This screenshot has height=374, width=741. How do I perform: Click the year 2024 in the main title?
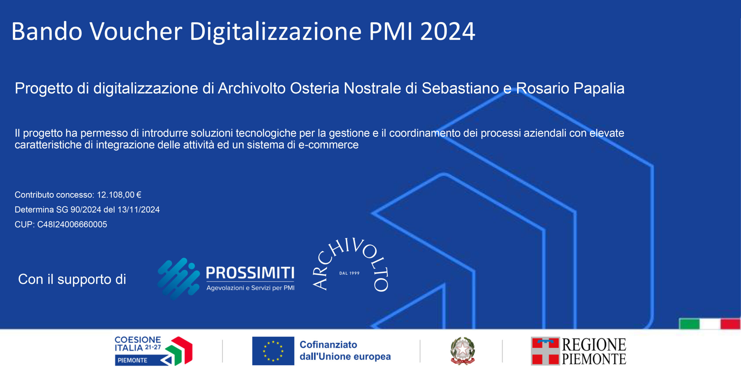click(x=447, y=31)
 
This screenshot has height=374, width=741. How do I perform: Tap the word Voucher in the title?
click(x=136, y=31)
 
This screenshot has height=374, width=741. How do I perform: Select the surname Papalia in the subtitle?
click(x=599, y=89)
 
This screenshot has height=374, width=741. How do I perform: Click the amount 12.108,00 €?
click(x=119, y=195)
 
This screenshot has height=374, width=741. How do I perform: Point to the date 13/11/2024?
click(x=139, y=209)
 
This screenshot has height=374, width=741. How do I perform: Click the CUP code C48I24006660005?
click(x=72, y=224)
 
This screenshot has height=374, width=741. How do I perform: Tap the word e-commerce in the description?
click(x=328, y=145)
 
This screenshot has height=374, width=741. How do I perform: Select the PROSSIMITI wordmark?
click(x=250, y=273)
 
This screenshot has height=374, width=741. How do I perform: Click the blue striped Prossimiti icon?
click(x=179, y=279)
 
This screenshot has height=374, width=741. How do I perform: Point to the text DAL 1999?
click(x=349, y=273)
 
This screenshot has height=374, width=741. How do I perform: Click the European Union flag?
click(x=273, y=351)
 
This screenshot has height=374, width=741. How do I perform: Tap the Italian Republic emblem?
click(x=463, y=351)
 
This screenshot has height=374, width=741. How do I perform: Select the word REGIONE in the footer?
click(x=594, y=344)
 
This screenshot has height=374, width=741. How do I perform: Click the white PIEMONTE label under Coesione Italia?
click(x=133, y=360)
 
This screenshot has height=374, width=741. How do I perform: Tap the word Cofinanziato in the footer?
click(x=329, y=344)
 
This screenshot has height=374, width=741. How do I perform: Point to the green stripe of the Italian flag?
click(x=689, y=324)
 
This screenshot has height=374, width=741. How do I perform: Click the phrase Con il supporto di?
click(x=72, y=279)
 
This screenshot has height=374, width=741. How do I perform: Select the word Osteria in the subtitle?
click(x=315, y=88)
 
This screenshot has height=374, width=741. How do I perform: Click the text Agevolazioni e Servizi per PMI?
click(x=250, y=288)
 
